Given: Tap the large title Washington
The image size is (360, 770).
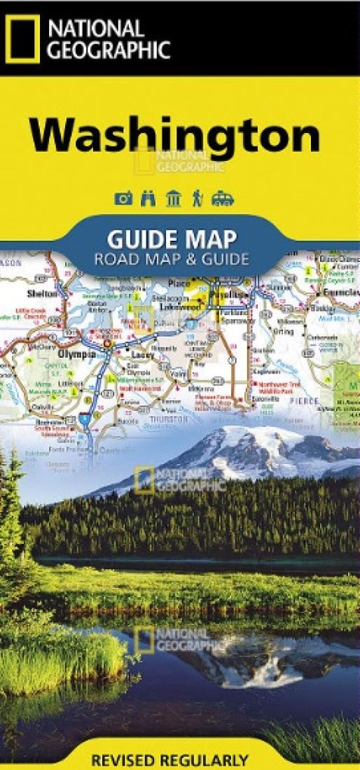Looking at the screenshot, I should pyautogui.click(x=174, y=136).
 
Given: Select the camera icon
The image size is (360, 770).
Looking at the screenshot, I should pyautogui.click(x=123, y=199).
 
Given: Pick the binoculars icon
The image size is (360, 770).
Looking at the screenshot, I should pyautogui.click(x=148, y=199).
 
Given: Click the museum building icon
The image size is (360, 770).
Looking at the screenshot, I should pyautogui.click(x=172, y=199).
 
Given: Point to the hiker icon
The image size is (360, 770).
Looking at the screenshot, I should pyautogui.click(x=197, y=199).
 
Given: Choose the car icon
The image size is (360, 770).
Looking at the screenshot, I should pyautogui.click(x=222, y=199).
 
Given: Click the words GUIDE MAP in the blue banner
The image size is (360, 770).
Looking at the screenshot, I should pyautogui.click(x=172, y=238).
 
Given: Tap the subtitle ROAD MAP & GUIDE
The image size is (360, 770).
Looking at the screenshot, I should pyautogui.click(x=172, y=259).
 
